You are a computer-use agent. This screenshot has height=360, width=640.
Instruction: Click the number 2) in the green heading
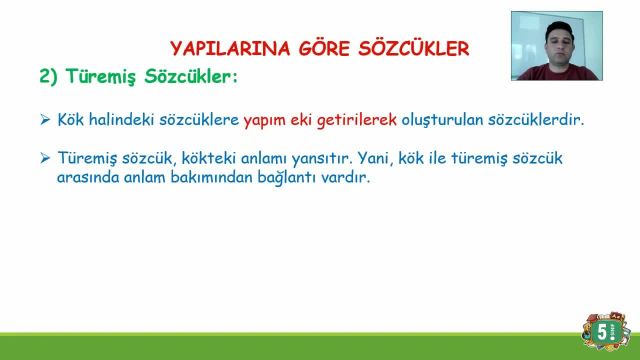click(x=49, y=76)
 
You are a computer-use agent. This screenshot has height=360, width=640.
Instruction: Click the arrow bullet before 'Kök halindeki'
click(x=45, y=120)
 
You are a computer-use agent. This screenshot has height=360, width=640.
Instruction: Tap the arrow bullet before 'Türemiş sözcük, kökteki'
click(x=45, y=159)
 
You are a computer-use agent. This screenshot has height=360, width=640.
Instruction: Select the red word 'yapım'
click(x=265, y=120)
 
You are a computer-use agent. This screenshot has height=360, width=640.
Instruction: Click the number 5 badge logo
click(x=602, y=334)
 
